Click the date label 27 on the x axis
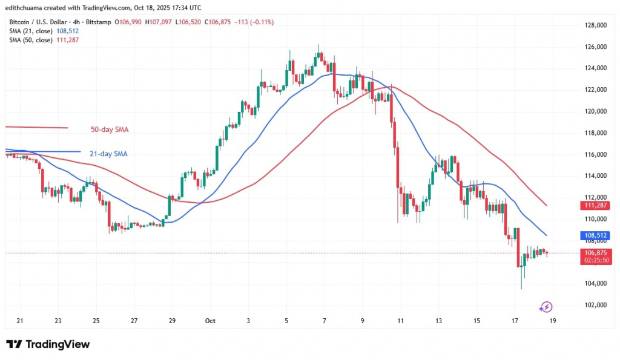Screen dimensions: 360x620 pyautogui.click(x=134, y=321)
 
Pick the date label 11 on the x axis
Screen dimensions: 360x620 pyautogui.click(x=400, y=321)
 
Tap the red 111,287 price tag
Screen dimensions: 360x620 pyautogui.click(x=597, y=205)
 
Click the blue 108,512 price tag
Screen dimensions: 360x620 pyautogui.click(x=597, y=235)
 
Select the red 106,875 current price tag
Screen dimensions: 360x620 pyautogui.click(x=597, y=252)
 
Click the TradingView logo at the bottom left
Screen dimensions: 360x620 pyautogui.click(x=48, y=344)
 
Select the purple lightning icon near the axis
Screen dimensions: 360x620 pyautogui.click(x=546, y=307)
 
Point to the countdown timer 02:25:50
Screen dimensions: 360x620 pyautogui.click(x=597, y=260)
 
